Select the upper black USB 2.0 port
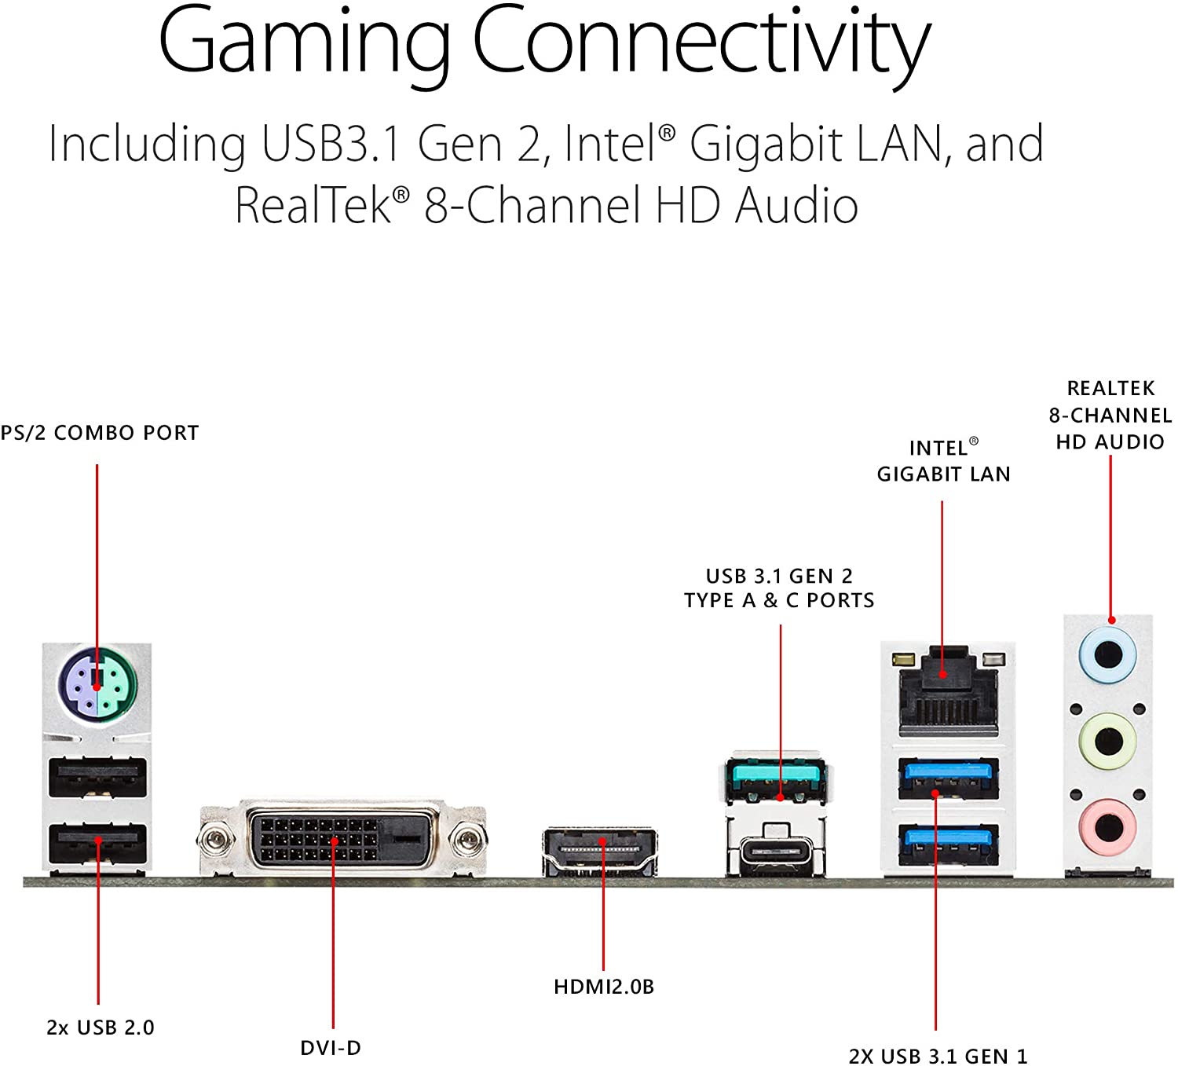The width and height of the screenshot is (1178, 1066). tap(97, 778)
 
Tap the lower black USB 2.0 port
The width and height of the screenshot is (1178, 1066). tap(97, 844)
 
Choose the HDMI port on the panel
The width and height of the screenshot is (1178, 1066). tap(600, 851)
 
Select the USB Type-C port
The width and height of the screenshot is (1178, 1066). tap(776, 851)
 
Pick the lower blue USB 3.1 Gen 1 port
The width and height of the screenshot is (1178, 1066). tap(948, 844)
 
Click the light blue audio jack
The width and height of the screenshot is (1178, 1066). tap(1108, 654)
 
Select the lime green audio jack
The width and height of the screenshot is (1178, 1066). tap(1108, 739)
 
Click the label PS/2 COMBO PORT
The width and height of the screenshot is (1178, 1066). tap(100, 433)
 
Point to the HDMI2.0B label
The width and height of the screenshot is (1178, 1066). tap(603, 987)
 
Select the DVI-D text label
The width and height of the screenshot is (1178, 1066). tap(331, 1047)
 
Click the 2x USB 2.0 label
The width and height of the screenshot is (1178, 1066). tap(101, 1028)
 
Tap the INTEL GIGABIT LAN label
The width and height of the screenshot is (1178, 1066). tap(943, 461)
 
